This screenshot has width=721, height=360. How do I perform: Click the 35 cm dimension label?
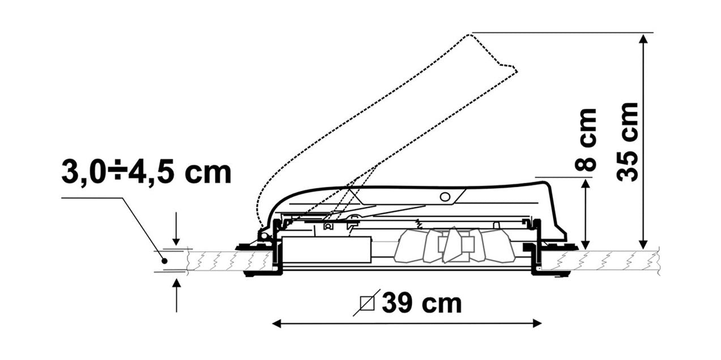tap(626, 142)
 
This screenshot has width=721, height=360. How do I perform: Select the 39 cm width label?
tap(421, 303)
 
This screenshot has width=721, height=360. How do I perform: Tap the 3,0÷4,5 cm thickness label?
tap(147, 172)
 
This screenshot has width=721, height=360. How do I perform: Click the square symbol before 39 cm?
tap(367, 303)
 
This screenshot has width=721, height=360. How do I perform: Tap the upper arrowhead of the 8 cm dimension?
tap(586, 185)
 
